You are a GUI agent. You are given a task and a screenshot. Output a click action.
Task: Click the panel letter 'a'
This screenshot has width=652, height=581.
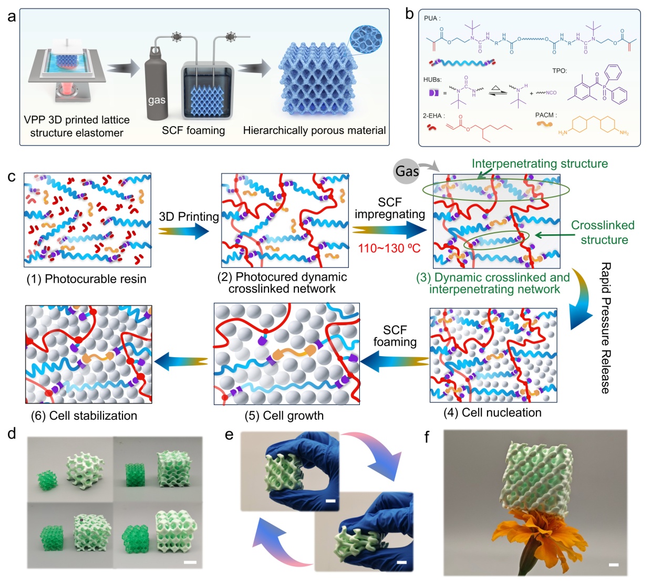pos(12,17)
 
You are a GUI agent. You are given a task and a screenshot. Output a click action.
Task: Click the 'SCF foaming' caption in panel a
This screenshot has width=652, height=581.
pos(193,130)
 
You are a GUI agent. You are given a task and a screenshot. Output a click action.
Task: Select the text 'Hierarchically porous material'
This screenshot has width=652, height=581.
pos(314,130)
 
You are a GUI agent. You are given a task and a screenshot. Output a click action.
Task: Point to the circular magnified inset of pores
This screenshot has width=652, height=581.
pos(366,39)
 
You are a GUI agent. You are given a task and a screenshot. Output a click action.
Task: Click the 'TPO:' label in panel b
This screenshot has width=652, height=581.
pos(560,71)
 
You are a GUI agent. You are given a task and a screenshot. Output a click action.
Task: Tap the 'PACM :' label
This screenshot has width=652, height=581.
pos(546,115)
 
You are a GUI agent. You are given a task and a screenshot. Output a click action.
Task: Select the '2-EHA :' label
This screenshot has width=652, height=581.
pos(434,116)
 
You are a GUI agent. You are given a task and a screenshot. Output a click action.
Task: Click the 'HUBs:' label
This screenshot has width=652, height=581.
pos(432,80)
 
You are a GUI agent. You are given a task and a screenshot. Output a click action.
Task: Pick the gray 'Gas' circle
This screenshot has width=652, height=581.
pos(407,171)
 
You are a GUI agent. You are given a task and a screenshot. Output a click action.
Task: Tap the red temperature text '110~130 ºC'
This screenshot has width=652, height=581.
pos(389,248)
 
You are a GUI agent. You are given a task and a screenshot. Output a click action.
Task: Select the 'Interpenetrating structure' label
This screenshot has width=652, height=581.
pos(540,164)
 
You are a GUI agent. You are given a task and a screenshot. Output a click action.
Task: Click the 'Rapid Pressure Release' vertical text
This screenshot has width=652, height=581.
pos(606,328)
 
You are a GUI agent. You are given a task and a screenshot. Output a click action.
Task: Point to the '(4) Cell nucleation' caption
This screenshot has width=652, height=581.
pos(492,412)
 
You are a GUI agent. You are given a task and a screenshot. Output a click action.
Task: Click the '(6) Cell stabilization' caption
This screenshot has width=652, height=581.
pos(84,416)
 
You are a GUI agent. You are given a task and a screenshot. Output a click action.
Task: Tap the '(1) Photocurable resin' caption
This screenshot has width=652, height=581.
pos(87,279)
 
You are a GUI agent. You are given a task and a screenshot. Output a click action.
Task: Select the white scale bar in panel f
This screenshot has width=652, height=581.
pos(613,565)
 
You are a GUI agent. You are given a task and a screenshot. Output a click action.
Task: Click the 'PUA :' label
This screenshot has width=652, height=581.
pos(432,18)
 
